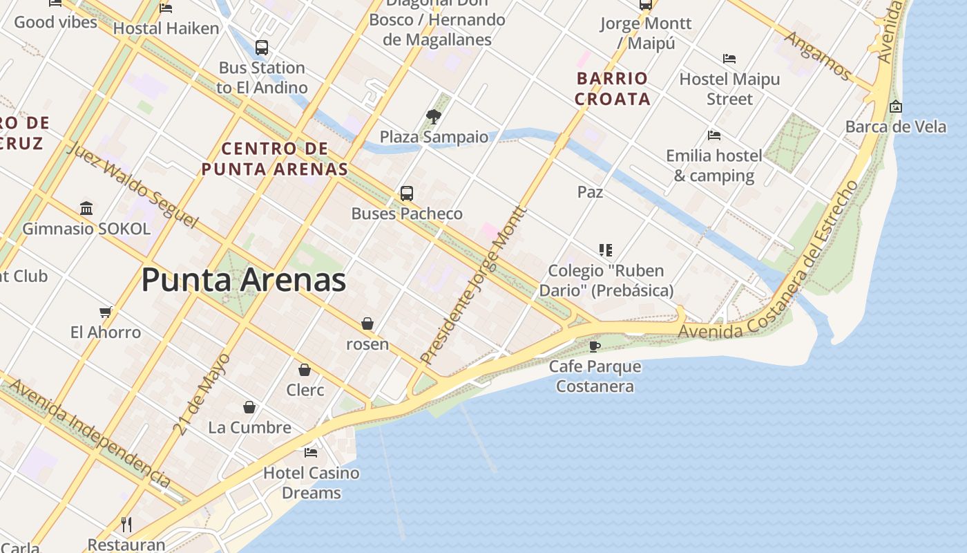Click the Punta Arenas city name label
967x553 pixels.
[x=243, y=281]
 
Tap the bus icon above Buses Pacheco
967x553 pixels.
[x=407, y=194]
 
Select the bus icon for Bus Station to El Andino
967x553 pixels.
[x=262, y=48]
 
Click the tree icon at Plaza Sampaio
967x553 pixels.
[x=434, y=116]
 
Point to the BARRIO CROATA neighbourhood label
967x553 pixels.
[x=612, y=88]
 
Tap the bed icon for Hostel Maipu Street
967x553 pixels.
[x=729, y=59]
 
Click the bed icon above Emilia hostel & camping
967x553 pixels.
[x=714, y=135]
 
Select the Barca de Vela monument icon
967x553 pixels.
[x=896, y=106]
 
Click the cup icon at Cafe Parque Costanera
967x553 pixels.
[x=595, y=346]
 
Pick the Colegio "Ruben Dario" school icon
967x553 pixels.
[x=606, y=250]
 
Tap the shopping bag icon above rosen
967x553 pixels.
[x=367, y=324]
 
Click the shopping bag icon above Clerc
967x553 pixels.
[x=305, y=370]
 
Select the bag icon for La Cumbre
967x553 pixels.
[x=249, y=407]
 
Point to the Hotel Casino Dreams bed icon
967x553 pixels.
[x=311, y=453]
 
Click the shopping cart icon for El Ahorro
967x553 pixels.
[x=106, y=312]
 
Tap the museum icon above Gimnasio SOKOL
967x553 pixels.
[x=86, y=208]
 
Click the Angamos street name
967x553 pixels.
[x=818, y=55]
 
